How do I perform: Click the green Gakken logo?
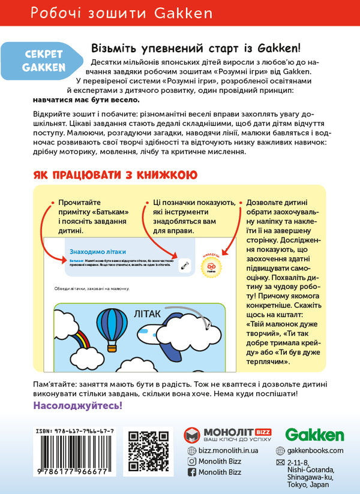(x=314, y=435)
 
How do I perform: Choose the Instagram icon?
(x=192, y=461)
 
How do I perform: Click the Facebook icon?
(x=192, y=472)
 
